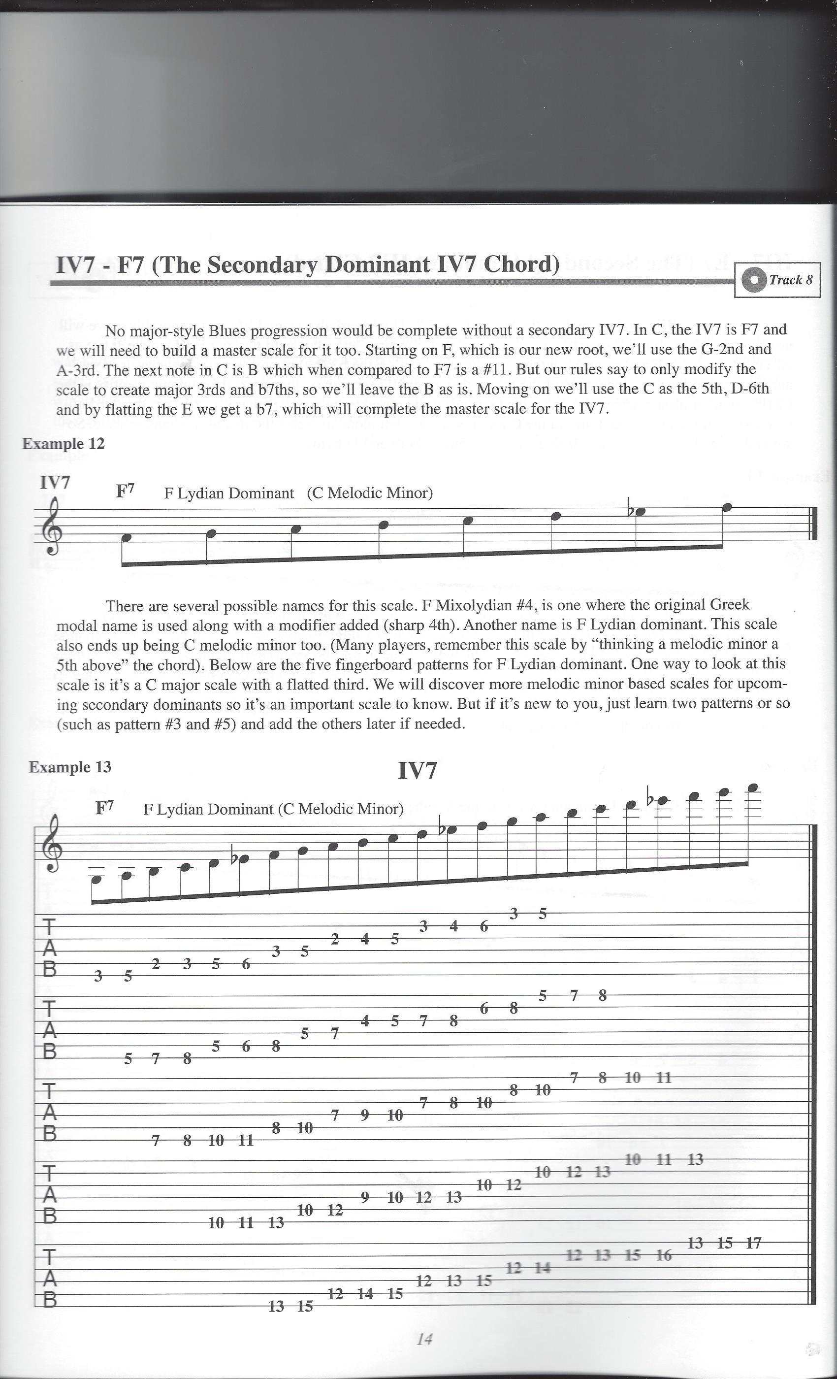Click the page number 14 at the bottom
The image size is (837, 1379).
click(x=424, y=1339)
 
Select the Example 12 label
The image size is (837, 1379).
click(x=63, y=444)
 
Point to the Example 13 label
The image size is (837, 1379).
click(x=70, y=767)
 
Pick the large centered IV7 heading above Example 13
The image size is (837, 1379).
click(x=418, y=771)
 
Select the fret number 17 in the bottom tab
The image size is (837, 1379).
click(x=754, y=1243)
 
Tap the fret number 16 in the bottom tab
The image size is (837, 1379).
click(x=664, y=1255)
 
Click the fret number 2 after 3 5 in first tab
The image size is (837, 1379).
click(x=156, y=964)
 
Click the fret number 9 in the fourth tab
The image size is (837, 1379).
click(x=365, y=1197)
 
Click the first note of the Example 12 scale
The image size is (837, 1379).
click(x=127, y=537)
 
